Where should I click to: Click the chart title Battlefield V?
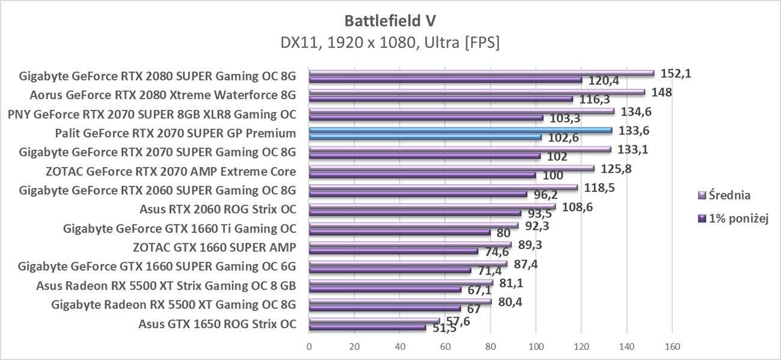pyautogui.click(x=390, y=20)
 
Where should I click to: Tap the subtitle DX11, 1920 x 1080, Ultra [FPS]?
pyautogui.click(x=390, y=43)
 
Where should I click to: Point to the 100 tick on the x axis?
pyautogui.click(x=536, y=346)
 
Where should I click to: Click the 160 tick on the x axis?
pyautogui.click(x=672, y=346)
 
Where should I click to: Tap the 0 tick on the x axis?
pyautogui.click(x=309, y=346)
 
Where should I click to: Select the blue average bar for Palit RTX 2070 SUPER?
pyautogui.click(x=460, y=130)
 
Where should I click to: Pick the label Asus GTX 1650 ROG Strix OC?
pyautogui.click(x=217, y=324)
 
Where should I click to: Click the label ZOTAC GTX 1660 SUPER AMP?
pyautogui.click(x=214, y=248)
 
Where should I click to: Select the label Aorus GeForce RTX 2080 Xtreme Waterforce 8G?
pyautogui.click(x=163, y=95)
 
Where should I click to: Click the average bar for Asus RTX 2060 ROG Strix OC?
pyautogui.click(x=432, y=206)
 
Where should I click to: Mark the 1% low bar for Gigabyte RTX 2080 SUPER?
pyautogui.click(x=445, y=79)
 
